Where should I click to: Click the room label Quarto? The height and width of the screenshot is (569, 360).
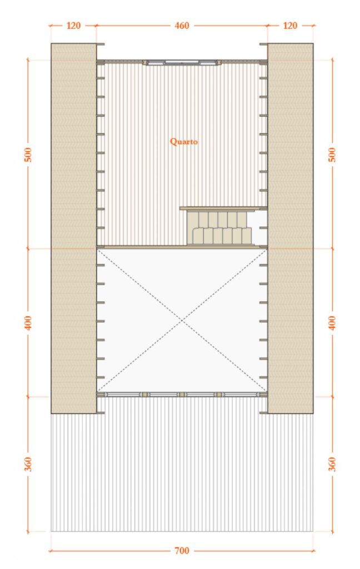tap(183, 142)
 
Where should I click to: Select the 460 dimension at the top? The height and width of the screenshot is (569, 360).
tap(182, 25)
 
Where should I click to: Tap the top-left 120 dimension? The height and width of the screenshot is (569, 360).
tap(73, 25)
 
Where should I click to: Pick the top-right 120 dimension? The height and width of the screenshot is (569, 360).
tap(290, 25)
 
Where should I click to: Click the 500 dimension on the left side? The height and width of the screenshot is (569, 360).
tap(28, 154)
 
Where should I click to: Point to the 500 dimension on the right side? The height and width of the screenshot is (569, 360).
tap(333, 154)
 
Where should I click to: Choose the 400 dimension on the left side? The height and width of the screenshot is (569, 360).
tap(28, 322)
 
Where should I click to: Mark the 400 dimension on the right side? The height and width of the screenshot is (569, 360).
tap(333, 322)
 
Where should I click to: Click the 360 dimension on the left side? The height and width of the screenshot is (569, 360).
tap(28, 463)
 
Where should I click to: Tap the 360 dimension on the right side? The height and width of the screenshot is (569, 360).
tap(333, 463)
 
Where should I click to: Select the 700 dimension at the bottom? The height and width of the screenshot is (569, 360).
tap(182, 551)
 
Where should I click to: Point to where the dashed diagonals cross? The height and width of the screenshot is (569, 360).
tap(182, 321)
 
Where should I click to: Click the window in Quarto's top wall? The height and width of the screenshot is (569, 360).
tap(181, 62)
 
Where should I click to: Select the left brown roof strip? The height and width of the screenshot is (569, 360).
tap(73, 228)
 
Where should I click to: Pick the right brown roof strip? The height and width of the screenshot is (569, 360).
tap(291, 228)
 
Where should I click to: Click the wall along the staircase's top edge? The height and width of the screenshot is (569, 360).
tap(218, 208)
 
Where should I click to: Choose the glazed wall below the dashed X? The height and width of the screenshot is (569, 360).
tap(182, 395)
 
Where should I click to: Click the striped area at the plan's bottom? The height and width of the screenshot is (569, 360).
tap(182, 472)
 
